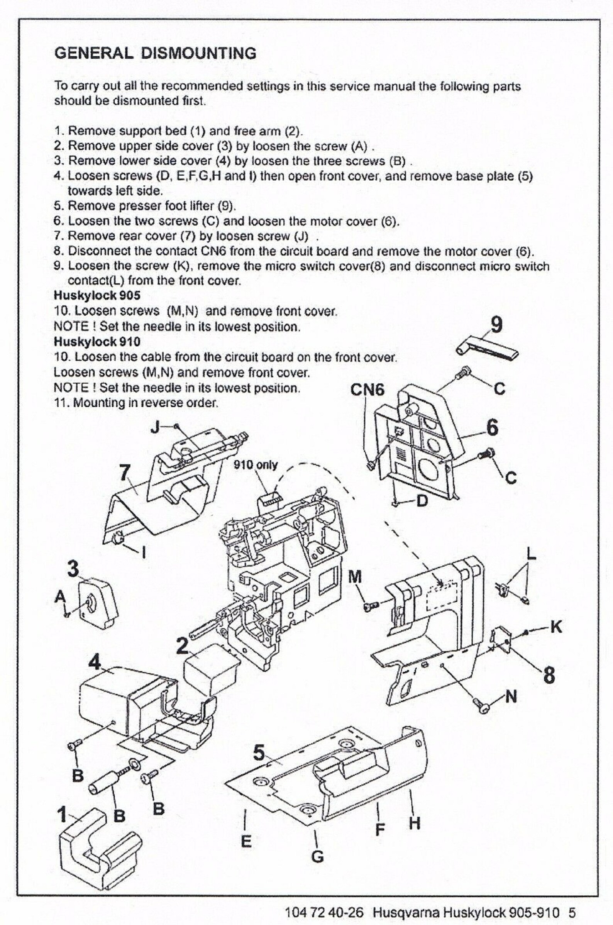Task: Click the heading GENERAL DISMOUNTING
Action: [155, 53]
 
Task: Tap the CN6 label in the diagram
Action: [367, 390]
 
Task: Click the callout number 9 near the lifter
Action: [496, 325]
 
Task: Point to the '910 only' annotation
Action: [255, 465]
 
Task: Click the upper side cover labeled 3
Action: [98, 603]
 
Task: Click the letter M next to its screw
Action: [355, 577]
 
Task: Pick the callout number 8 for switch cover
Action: [549, 675]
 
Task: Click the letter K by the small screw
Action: [555, 627]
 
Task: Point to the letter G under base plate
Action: [317, 857]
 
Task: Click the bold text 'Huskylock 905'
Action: [97, 295]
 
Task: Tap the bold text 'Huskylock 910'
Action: [97, 342]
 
